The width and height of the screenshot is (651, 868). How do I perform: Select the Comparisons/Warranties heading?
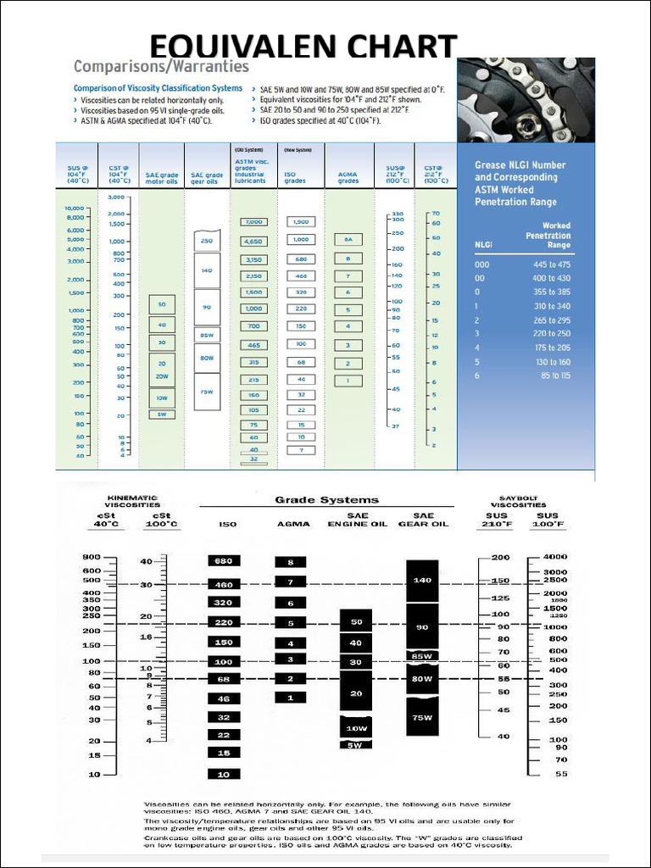click(161, 66)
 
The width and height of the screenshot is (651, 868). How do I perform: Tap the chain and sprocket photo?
click(526, 100)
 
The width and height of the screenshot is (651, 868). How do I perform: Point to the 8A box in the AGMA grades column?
click(348, 240)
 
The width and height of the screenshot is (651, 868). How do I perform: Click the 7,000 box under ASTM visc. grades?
click(253, 222)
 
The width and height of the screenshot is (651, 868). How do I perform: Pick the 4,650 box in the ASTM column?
click(253, 241)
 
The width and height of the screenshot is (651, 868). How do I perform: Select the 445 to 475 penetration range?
click(551, 264)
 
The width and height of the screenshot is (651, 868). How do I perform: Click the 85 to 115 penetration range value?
click(554, 376)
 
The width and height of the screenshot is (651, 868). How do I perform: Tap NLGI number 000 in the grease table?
click(481, 264)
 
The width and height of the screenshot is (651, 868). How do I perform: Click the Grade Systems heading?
click(326, 499)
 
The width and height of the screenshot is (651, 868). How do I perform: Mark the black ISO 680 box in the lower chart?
click(224, 561)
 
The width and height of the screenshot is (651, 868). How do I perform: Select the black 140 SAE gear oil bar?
click(422, 581)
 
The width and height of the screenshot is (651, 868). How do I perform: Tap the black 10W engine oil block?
click(356, 728)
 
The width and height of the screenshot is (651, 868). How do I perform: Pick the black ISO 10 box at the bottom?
click(224, 774)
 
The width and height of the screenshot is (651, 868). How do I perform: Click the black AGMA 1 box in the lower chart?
click(290, 698)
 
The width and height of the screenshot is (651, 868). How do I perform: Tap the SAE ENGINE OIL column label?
click(357, 520)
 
